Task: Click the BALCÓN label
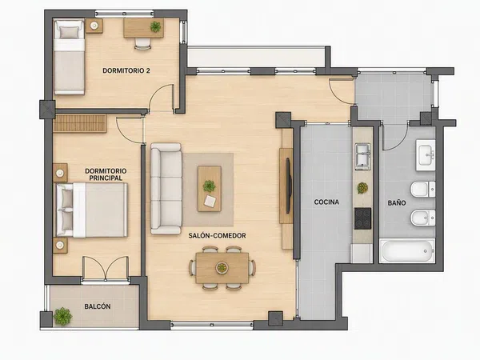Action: click(x=98, y=306)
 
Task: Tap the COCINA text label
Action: click(x=326, y=202)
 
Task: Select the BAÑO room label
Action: click(x=397, y=202)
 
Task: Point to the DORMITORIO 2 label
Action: click(x=126, y=70)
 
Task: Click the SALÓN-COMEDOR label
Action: click(x=217, y=236)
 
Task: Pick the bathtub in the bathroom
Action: click(x=407, y=250)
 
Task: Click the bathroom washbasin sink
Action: click(x=426, y=155)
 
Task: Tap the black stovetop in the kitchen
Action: click(x=362, y=218)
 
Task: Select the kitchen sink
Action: click(x=362, y=157)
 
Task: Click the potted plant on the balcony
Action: click(x=62, y=316)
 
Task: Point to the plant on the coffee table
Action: click(x=209, y=186)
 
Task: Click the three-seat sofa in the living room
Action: click(x=166, y=189)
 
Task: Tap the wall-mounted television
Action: click(x=288, y=186)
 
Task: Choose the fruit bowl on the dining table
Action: click(x=222, y=268)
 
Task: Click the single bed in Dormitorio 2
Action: click(x=69, y=57)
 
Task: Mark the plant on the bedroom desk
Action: click(x=155, y=27)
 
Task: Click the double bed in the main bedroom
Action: click(x=91, y=210)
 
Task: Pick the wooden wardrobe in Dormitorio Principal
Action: click(x=80, y=124)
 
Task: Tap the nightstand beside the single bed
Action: click(x=94, y=26)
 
